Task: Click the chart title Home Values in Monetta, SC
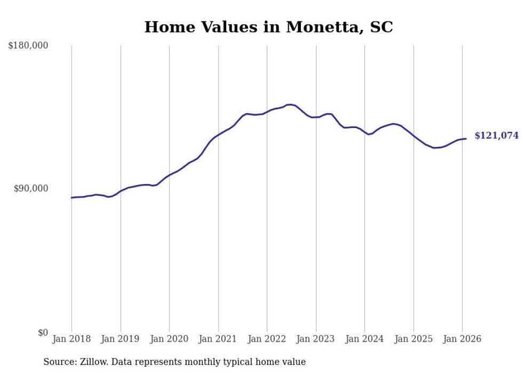[x=268, y=27]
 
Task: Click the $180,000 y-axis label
[x=28, y=46]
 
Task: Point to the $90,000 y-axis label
[x=30, y=189]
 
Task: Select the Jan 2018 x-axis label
[x=72, y=339]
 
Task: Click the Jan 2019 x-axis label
[x=121, y=339]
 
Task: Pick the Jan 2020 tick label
[x=169, y=339]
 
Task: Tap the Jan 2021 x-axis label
[x=218, y=339]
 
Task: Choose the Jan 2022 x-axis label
[x=267, y=339]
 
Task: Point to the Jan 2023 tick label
[x=316, y=339]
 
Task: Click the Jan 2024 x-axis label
[x=364, y=339]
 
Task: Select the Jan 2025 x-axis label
[x=414, y=339]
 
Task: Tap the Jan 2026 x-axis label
[x=462, y=339]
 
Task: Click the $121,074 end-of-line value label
[x=496, y=136]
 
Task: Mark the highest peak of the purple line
[x=290, y=105]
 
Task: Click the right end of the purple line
[x=466, y=139]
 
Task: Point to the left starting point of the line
[x=72, y=197]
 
